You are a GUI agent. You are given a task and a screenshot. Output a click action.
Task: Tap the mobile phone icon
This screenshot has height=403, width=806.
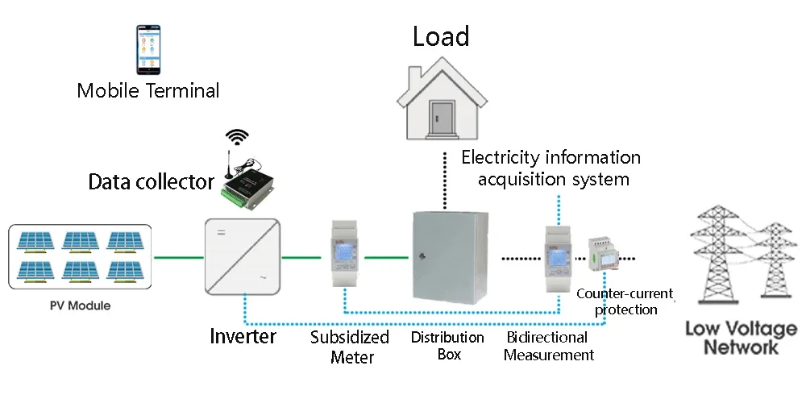point(148,50)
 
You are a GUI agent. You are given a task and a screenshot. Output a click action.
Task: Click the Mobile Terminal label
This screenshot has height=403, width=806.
point(148,89)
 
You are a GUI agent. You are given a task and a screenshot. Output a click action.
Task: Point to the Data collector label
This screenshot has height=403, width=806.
point(152,182)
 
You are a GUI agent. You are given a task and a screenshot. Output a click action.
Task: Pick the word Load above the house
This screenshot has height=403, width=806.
point(441,36)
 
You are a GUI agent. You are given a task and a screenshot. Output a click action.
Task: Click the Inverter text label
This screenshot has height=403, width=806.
point(243,335)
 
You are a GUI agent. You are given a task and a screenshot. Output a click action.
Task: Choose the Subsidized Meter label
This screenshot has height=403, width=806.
point(350,346)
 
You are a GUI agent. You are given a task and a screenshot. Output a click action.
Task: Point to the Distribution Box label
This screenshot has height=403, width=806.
point(448,345)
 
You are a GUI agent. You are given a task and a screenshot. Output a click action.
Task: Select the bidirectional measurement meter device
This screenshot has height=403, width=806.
point(558,258)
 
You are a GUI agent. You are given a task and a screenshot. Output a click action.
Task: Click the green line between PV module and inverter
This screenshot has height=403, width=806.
point(177,258)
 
